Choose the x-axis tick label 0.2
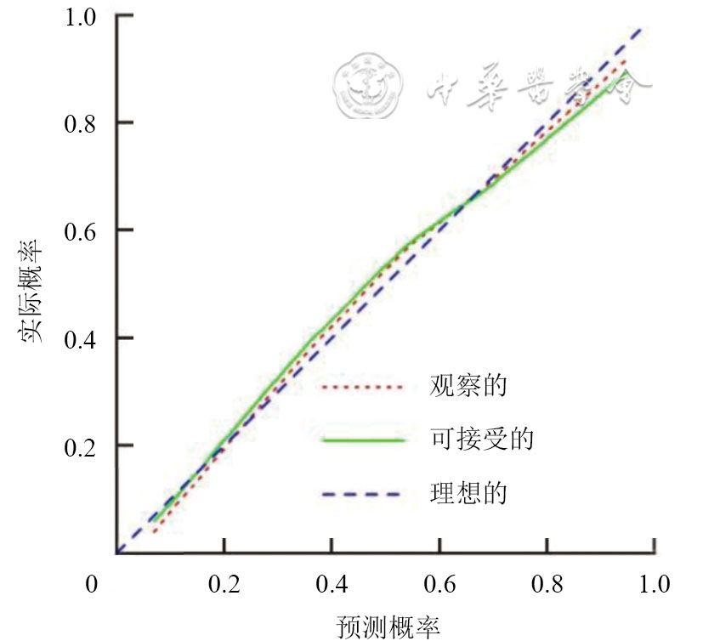(224, 584)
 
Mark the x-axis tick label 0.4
(332, 584)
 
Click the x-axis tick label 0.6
(439, 584)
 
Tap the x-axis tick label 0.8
(546, 584)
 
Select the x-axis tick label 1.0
(653, 584)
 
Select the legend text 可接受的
(481, 440)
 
